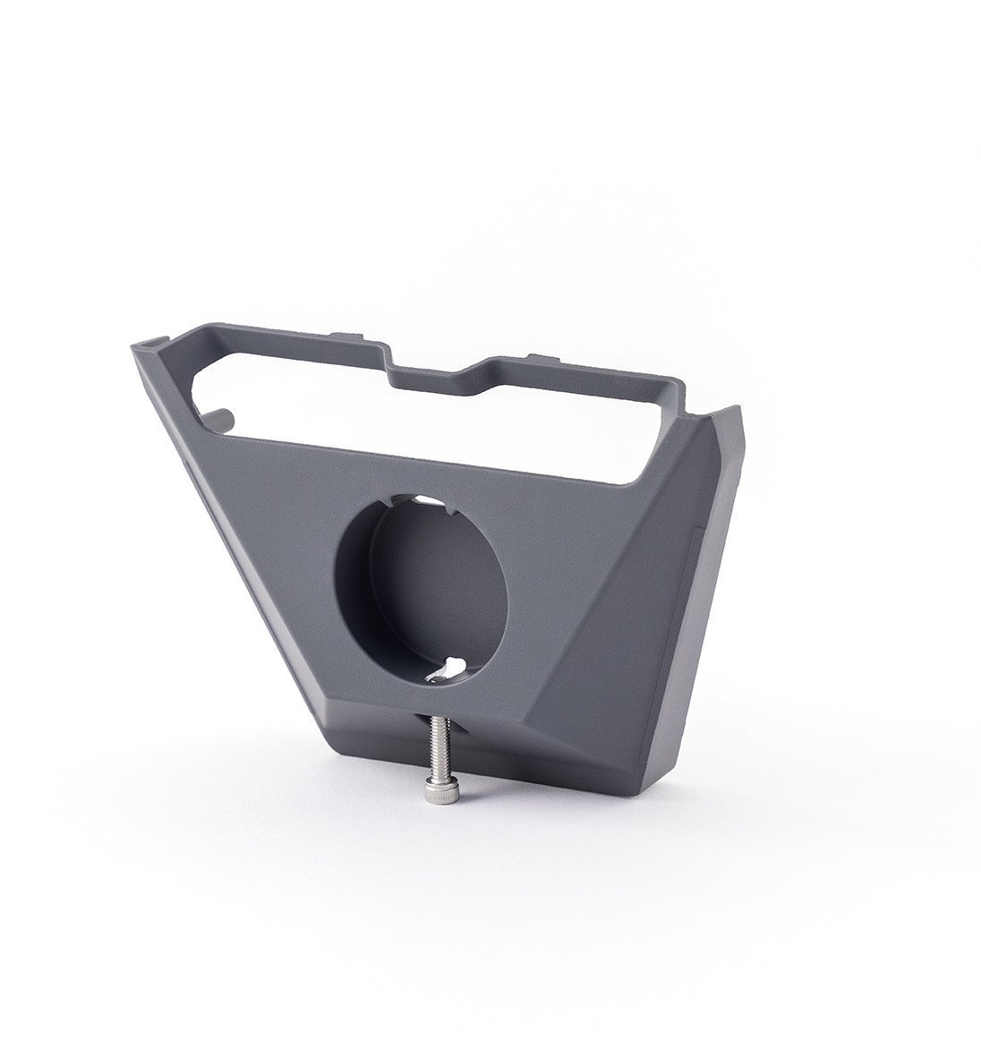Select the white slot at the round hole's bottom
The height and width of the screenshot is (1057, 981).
(x=444, y=666)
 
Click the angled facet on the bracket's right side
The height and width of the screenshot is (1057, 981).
(x=627, y=627)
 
